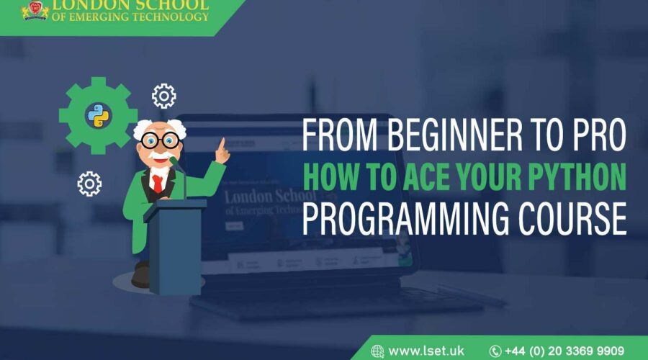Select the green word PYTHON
coord(580,177)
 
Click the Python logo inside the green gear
coord(97,114)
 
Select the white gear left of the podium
coord(89,184)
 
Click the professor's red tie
coord(158,183)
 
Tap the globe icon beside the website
coord(377,351)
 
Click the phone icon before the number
coord(495,351)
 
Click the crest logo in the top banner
coord(33,10)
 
